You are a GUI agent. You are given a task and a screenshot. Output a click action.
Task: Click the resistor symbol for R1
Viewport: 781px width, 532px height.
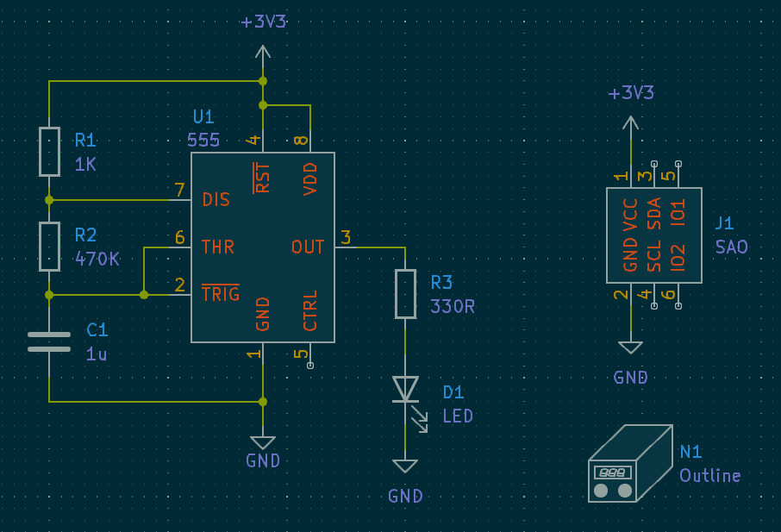point(49,151)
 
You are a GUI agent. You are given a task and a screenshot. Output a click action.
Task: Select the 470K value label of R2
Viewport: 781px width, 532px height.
point(97,258)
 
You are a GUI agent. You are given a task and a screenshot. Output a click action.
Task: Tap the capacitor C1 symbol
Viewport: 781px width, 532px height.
point(49,341)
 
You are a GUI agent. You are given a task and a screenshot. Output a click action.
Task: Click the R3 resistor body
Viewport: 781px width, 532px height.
point(405,293)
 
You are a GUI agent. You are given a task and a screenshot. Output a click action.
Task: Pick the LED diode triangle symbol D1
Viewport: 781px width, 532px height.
point(405,389)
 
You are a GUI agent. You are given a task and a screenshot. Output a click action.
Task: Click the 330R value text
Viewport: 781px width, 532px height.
point(453,306)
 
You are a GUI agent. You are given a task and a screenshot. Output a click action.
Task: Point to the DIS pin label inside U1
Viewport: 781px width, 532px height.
point(216,200)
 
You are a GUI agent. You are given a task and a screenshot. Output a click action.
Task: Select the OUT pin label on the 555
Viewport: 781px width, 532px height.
point(308,247)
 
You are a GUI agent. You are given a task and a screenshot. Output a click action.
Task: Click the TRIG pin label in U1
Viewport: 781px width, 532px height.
point(220,295)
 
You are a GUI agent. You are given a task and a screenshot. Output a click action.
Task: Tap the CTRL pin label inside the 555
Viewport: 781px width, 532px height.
point(310,310)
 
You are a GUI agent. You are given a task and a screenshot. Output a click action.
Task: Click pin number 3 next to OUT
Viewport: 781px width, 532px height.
point(346,237)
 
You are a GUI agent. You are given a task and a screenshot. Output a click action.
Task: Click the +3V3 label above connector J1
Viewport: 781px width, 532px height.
point(631,93)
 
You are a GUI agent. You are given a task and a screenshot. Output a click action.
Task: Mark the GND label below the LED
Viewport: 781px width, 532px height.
point(405,496)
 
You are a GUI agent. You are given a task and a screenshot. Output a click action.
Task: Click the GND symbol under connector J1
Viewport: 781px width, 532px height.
point(631,347)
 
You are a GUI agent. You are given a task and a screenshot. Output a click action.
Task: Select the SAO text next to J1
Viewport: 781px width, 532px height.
point(732,247)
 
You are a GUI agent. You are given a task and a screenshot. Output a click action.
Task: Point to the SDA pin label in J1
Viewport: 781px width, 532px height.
point(654,213)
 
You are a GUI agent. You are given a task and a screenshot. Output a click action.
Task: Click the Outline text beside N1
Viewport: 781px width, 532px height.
point(709,476)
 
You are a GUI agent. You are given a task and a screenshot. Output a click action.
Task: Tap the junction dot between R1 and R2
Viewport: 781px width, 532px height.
point(49,200)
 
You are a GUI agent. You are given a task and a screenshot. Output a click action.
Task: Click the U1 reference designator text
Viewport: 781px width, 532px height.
point(203,116)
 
